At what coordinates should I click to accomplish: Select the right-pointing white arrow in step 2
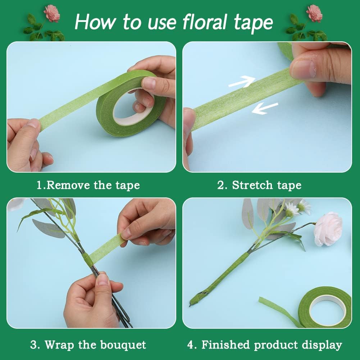click(x=242, y=82)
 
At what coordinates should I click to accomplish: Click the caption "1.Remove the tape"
click(x=88, y=185)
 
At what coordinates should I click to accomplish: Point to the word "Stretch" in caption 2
click(x=252, y=185)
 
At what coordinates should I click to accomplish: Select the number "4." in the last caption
click(x=192, y=345)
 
